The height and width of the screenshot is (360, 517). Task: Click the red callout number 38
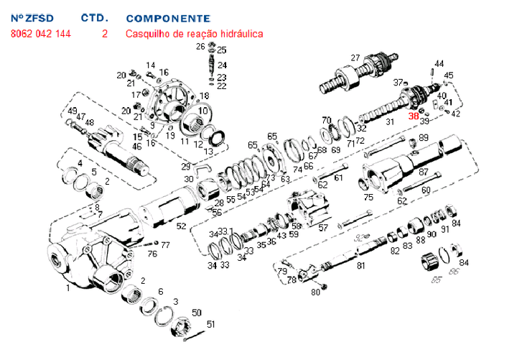coord(414,116)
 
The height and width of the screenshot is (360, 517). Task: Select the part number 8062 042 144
coord(41,34)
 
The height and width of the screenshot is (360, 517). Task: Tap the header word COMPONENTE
coord(168,18)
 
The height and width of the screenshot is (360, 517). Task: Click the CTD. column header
coord(95,18)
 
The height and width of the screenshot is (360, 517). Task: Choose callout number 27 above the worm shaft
coord(355,58)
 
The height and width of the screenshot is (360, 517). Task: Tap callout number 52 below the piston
coord(182,226)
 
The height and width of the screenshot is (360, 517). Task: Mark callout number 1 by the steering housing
coord(68,289)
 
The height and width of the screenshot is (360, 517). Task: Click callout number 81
coord(361,266)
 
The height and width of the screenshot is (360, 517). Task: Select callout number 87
coord(424,172)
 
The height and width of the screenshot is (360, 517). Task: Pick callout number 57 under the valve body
coord(323,228)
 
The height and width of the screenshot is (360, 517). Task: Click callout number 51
coord(210,324)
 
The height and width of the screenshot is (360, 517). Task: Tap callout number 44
coord(439,64)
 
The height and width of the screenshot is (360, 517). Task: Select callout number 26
coord(200,47)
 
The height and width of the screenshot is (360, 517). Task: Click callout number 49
coord(73,111)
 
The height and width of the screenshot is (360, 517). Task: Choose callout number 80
coord(315,292)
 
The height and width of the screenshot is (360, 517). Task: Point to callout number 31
coord(391,122)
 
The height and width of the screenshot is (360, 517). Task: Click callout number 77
coord(165,245)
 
